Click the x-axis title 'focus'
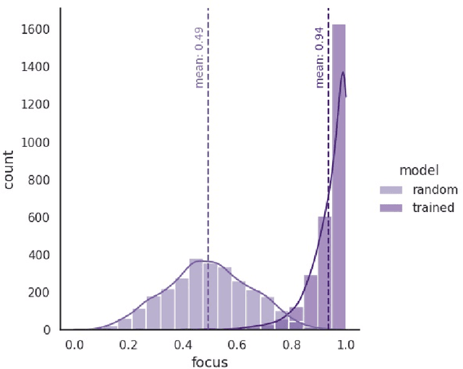coord(210,362)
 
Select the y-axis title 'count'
coord(9,169)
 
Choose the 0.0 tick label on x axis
coord(75,344)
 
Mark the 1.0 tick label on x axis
coord(345,344)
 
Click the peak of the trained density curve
coord(342,72)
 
